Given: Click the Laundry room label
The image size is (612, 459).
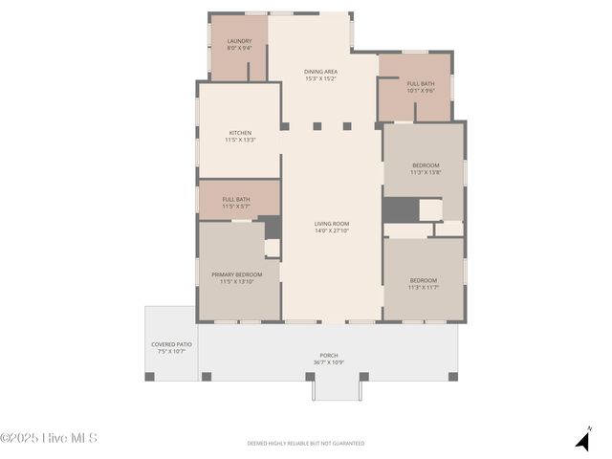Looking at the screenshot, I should point(239,41).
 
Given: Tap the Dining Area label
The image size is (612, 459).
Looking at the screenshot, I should point(320,72).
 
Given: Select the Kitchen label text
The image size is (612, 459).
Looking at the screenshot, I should point(240,133).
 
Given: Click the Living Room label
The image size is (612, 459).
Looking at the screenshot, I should point(332,224).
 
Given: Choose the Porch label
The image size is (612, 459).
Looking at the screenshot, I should point(328,356).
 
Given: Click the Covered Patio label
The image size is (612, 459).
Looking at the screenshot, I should point(171,344).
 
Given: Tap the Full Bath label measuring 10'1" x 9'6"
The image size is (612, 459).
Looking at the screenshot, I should point(420,83).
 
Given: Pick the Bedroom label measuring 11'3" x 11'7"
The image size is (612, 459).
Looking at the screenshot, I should point(423,280).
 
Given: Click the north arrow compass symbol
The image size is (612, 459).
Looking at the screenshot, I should point(582,439).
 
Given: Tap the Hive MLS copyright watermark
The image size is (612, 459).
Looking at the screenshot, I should point(49,439).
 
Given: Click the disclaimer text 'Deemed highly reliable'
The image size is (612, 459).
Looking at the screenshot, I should point(306,443).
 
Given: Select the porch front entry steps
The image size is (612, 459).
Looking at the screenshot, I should point(337,387).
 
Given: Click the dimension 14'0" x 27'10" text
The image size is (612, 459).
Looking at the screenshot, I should point(332,230).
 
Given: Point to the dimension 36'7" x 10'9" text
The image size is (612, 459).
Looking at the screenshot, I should point(328,362).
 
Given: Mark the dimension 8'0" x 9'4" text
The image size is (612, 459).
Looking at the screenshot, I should point(239,48).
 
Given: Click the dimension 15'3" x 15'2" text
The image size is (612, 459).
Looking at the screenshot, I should point(320,78).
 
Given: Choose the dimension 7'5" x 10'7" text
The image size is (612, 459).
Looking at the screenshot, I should point(171,351).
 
